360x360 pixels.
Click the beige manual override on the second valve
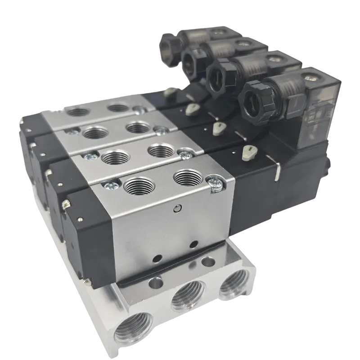(219, 127)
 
